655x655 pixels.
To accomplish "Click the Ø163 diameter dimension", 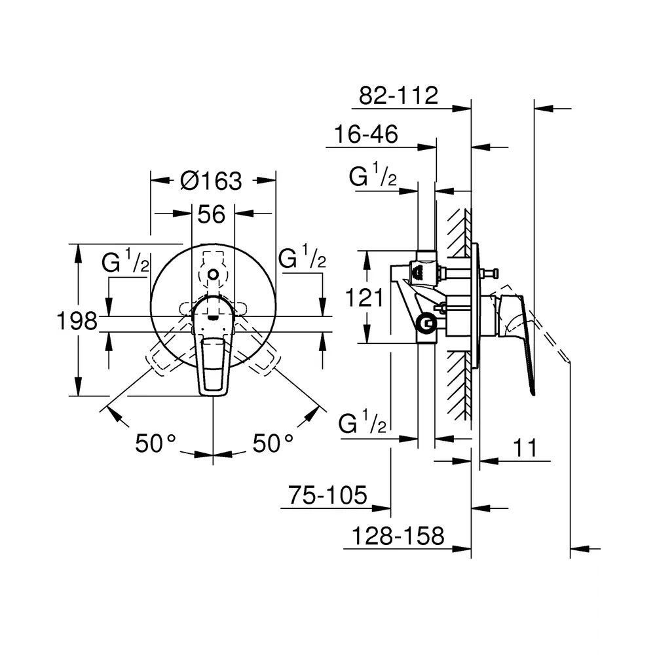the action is pyautogui.click(x=212, y=181).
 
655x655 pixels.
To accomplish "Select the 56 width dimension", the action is pyautogui.click(x=212, y=214).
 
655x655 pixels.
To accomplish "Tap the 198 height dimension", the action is pyautogui.click(x=77, y=321).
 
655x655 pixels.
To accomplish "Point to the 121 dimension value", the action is pyautogui.click(x=364, y=298).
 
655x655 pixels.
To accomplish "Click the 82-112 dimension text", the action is pyautogui.click(x=398, y=95).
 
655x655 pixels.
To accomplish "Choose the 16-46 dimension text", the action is pyautogui.click(x=366, y=134).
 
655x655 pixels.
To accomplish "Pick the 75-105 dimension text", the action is pyautogui.click(x=327, y=495).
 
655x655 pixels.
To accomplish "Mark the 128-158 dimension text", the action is pyautogui.click(x=398, y=536).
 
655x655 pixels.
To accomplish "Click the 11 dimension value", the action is pyautogui.click(x=525, y=448).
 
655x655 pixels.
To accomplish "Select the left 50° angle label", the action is pyautogui.click(x=155, y=443).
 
